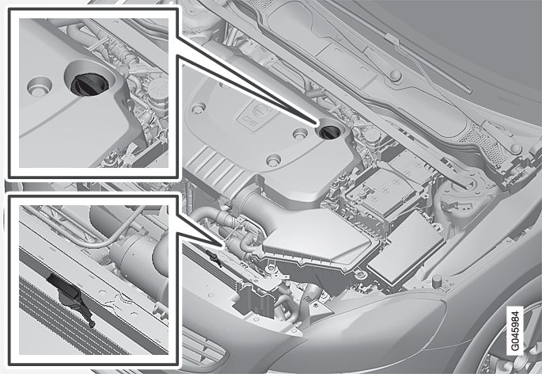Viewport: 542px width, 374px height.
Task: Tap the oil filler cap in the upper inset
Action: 85,84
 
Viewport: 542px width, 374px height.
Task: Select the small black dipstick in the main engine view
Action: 214,258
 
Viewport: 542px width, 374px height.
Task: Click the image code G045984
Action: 514,330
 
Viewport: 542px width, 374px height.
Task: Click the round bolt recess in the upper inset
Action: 39,86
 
